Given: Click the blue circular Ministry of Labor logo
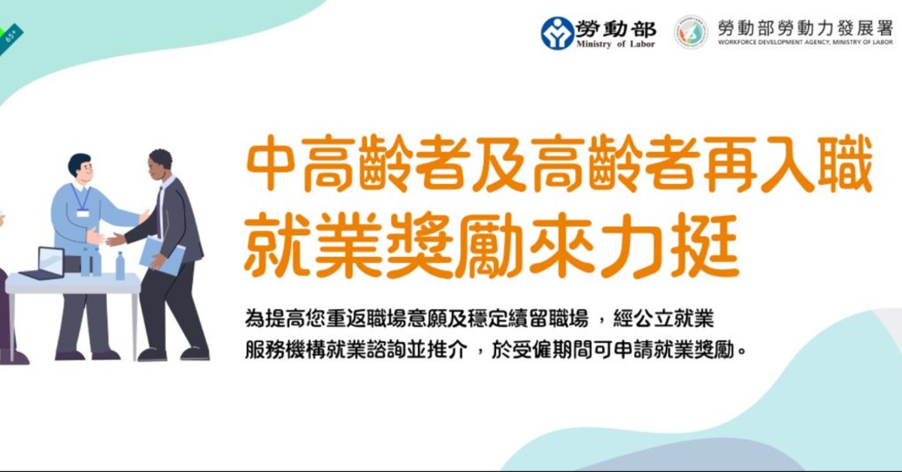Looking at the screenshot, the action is click(557, 33).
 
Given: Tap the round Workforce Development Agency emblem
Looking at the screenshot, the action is click(691, 32).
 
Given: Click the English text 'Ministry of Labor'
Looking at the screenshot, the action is click(616, 44).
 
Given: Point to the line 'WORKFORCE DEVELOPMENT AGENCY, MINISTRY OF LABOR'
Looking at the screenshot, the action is click(805, 42).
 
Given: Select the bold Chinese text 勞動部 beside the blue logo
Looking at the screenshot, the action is click(616, 29).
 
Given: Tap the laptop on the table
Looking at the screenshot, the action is click(44, 264).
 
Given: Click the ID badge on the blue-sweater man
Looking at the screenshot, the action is click(83, 213).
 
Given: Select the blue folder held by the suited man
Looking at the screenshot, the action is click(162, 256).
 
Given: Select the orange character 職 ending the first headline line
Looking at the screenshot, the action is click(846, 164).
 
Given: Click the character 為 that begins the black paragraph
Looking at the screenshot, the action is click(255, 319).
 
